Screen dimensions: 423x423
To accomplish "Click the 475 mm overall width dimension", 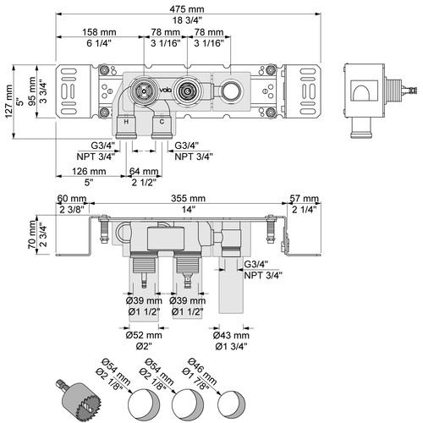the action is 187,9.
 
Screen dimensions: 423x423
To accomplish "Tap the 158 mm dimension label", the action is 99,32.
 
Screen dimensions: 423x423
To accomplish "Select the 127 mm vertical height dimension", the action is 8,102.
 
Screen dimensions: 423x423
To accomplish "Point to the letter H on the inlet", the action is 126,122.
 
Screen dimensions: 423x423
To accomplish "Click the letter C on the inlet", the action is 162,122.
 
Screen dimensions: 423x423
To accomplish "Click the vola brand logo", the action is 166,91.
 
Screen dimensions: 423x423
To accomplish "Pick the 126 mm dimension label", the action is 89,171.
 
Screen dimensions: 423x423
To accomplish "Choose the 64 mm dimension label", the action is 144,171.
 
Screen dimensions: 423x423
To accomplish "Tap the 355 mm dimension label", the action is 188,198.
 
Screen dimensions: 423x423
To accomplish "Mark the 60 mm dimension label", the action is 72,198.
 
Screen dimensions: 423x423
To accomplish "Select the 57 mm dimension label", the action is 304,198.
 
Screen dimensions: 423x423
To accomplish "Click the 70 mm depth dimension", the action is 32,234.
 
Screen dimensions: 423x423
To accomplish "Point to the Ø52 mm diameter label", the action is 144,335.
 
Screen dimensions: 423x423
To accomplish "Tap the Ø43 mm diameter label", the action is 231,335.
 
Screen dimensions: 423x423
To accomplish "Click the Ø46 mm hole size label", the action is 202,371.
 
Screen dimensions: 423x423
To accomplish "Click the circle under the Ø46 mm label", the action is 231,404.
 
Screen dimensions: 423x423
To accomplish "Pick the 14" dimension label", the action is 189,210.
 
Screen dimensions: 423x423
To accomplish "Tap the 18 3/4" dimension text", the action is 187,20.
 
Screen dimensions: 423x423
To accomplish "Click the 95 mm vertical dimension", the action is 32,91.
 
